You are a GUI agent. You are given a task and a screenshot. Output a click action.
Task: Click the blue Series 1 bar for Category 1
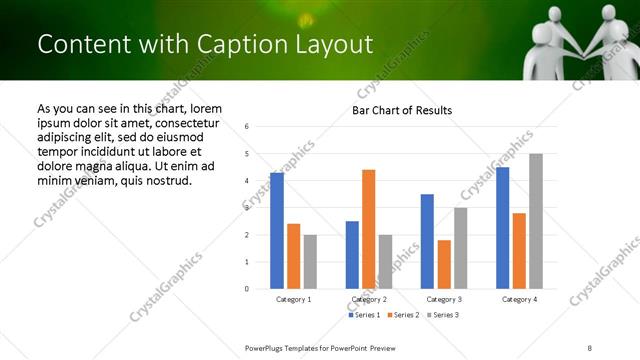tap(277, 231)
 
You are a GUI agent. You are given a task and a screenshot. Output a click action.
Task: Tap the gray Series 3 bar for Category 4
tap(536, 221)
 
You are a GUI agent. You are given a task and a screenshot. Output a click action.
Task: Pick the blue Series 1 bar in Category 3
tap(427, 241)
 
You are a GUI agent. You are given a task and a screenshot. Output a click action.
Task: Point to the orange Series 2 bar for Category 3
tap(444, 264)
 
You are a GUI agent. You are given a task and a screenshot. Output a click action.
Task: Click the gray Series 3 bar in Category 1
tap(310, 261)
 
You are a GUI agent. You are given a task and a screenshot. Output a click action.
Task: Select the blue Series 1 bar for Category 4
tap(502, 228)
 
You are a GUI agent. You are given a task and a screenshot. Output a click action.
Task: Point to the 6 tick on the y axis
tap(246, 127)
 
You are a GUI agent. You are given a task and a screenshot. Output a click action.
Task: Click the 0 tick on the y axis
tap(246, 289)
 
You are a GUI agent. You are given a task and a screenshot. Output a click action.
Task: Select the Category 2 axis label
tap(369, 299)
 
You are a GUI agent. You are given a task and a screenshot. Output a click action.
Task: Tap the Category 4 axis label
tap(519, 299)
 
